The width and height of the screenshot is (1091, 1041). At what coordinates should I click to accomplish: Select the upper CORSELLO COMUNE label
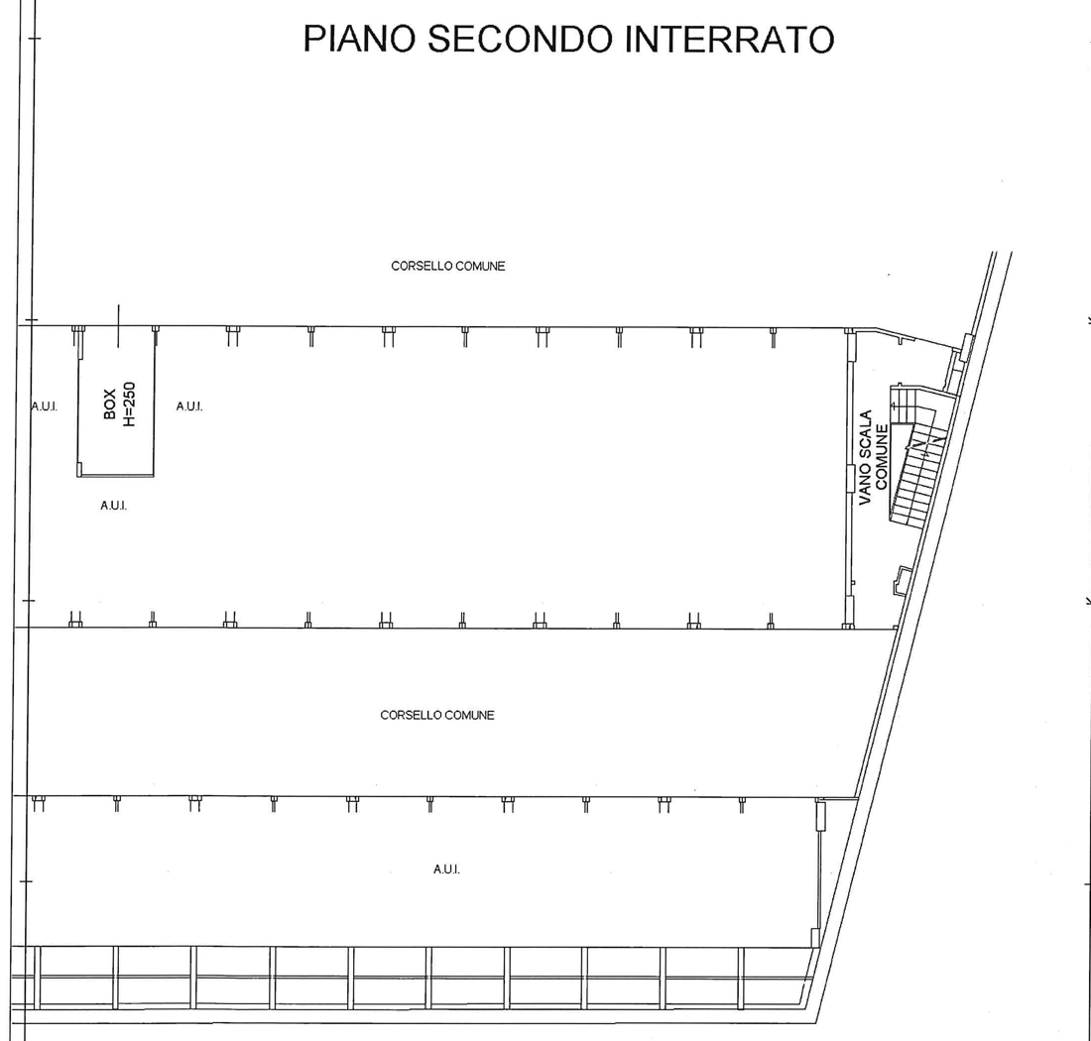click(448, 266)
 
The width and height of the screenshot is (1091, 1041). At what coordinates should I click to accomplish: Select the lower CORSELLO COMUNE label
click(437, 715)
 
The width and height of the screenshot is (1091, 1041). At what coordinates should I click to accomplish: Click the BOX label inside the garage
click(110, 405)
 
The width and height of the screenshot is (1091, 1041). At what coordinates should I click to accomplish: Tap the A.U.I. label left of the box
click(45, 406)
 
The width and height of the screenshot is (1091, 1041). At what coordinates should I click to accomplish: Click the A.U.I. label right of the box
click(189, 406)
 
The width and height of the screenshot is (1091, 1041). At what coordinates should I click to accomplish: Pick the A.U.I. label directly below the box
click(113, 506)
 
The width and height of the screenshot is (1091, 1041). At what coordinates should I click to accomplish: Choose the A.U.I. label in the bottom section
click(446, 869)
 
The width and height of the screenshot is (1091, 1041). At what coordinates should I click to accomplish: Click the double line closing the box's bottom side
click(116, 477)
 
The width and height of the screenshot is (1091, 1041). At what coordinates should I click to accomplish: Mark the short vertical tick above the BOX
click(118, 324)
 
